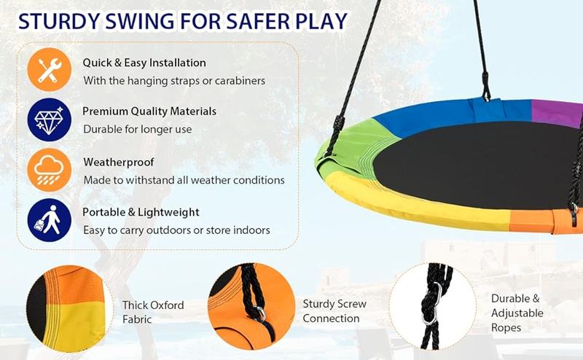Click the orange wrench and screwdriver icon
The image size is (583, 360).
pyautogui.click(x=50, y=71)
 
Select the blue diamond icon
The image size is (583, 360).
pyautogui.click(x=50, y=120)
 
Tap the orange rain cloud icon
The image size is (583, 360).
pyautogui.click(x=50, y=170)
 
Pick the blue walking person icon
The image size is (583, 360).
pyautogui.click(x=50, y=219)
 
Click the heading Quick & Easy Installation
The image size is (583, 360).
pyautogui.click(x=144, y=63)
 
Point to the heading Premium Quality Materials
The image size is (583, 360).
pyautogui.click(x=149, y=111)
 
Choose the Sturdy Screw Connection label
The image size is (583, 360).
pyautogui.click(x=334, y=311)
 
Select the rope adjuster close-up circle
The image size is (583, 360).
pyautogui.click(x=432, y=307)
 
